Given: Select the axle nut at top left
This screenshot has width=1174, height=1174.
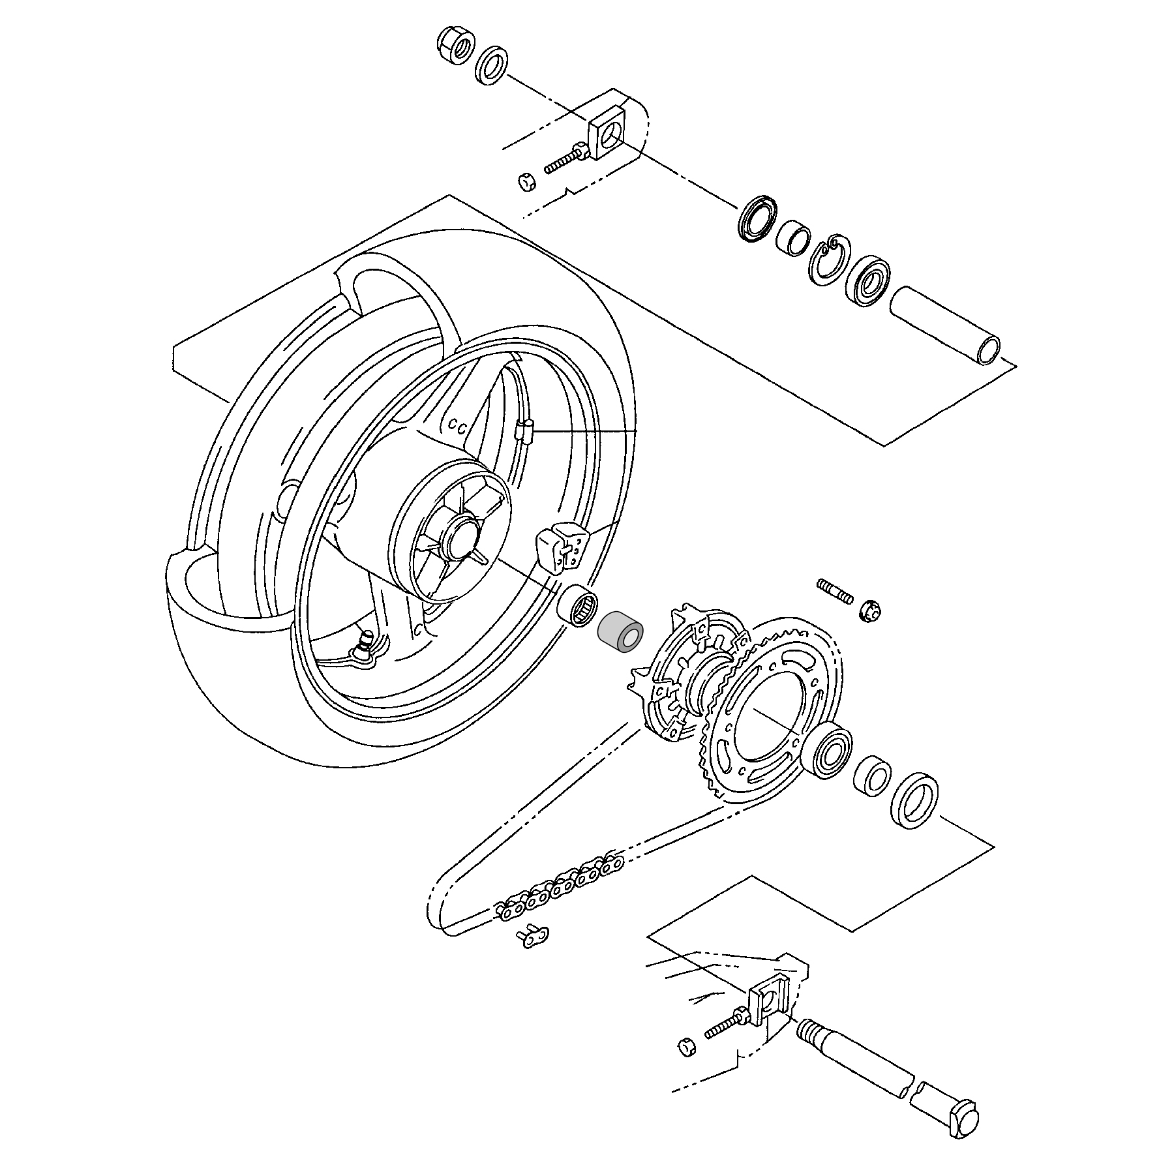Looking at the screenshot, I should click(455, 47).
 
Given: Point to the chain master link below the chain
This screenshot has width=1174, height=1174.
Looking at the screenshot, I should click(533, 938).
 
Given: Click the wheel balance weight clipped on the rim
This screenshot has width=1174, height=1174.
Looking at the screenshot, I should click(560, 549).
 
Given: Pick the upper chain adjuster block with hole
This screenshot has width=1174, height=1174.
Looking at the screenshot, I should click(607, 137).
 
